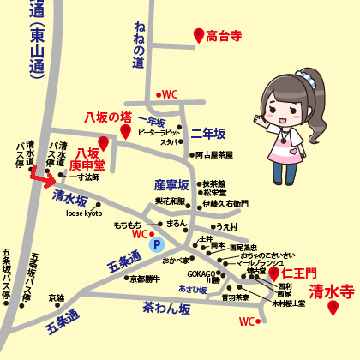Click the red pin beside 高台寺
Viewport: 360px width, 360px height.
tap(199, 35)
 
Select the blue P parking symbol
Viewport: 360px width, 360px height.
tap(156, 244)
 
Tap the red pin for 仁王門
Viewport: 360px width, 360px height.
tap(274, 273)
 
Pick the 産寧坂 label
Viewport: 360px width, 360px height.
tap(171, 184)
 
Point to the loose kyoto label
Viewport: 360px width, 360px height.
tap(83, 213)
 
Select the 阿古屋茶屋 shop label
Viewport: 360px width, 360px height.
tap(214, 155)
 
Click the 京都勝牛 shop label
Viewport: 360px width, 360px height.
tap(145, 279)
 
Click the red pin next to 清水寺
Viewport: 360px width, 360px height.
tap(333, 308)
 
